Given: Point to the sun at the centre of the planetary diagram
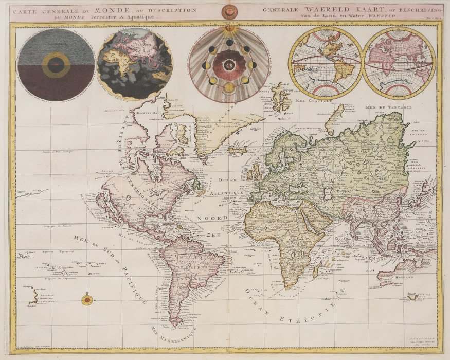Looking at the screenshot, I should tap(229, 65).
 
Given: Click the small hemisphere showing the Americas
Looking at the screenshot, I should tap(325, 63).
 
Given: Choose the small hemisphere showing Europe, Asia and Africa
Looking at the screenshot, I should tap(399, 63).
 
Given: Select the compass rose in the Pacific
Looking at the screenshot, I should tap(87, 299).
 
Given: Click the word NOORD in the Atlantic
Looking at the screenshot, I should tap(211, 218).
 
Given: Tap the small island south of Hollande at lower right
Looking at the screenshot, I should tap(411, 297).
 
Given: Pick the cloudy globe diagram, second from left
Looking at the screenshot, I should tap(135, 64).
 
